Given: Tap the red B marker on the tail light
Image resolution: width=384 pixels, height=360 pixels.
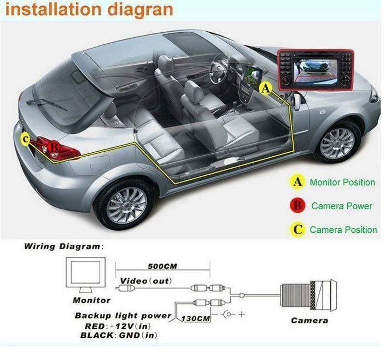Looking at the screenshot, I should coord(54,145).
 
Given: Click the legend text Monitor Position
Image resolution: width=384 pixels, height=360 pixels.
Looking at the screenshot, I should coord(342,182).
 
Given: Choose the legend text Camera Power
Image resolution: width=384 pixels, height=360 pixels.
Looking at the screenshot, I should coord(342,206).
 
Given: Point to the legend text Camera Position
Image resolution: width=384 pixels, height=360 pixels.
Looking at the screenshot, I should coord(343,230).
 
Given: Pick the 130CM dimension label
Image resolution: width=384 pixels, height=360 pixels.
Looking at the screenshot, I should coord(196,319).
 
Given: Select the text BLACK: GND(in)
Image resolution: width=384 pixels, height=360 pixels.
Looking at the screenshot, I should coord(119,335).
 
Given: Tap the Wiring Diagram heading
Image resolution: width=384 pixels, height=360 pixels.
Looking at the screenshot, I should coord(63,246).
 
